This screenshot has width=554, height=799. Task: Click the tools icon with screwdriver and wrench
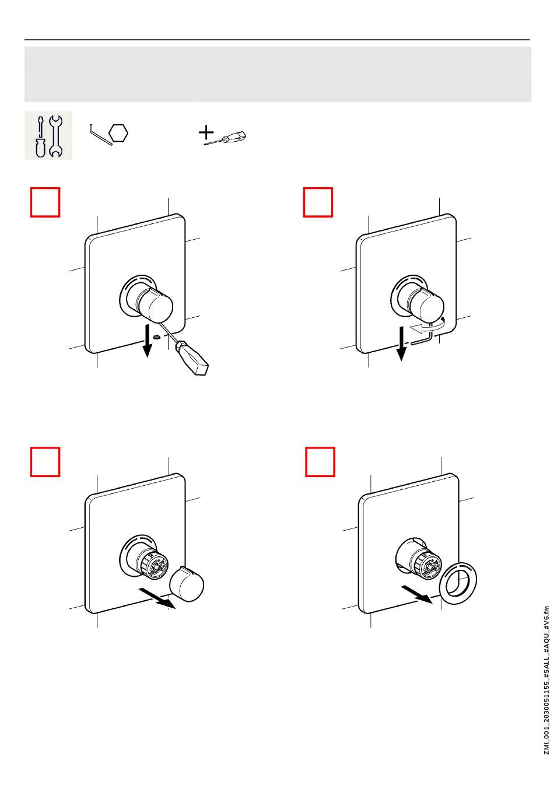coord(48,135)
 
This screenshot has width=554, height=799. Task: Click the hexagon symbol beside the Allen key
coord(118,134)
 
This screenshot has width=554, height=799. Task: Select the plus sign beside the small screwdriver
coord(206,132)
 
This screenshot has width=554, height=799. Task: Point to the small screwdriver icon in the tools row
coord(225,138)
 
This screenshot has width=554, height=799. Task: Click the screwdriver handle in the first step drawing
coord(191,359)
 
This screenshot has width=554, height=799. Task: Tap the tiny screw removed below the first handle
coord(156,337)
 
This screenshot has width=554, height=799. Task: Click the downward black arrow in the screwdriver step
coord(147,341)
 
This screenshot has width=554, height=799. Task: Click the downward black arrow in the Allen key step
coord(401,343)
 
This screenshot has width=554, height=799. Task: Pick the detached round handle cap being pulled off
coord(186,584)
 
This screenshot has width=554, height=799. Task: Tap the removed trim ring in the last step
coord(458,584)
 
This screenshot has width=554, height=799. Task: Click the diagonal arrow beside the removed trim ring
coord(417,595)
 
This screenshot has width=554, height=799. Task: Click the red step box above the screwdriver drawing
coord(45,202)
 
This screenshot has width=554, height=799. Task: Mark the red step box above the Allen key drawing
coord(318,202)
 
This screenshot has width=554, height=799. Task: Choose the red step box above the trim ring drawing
coord(320,462)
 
